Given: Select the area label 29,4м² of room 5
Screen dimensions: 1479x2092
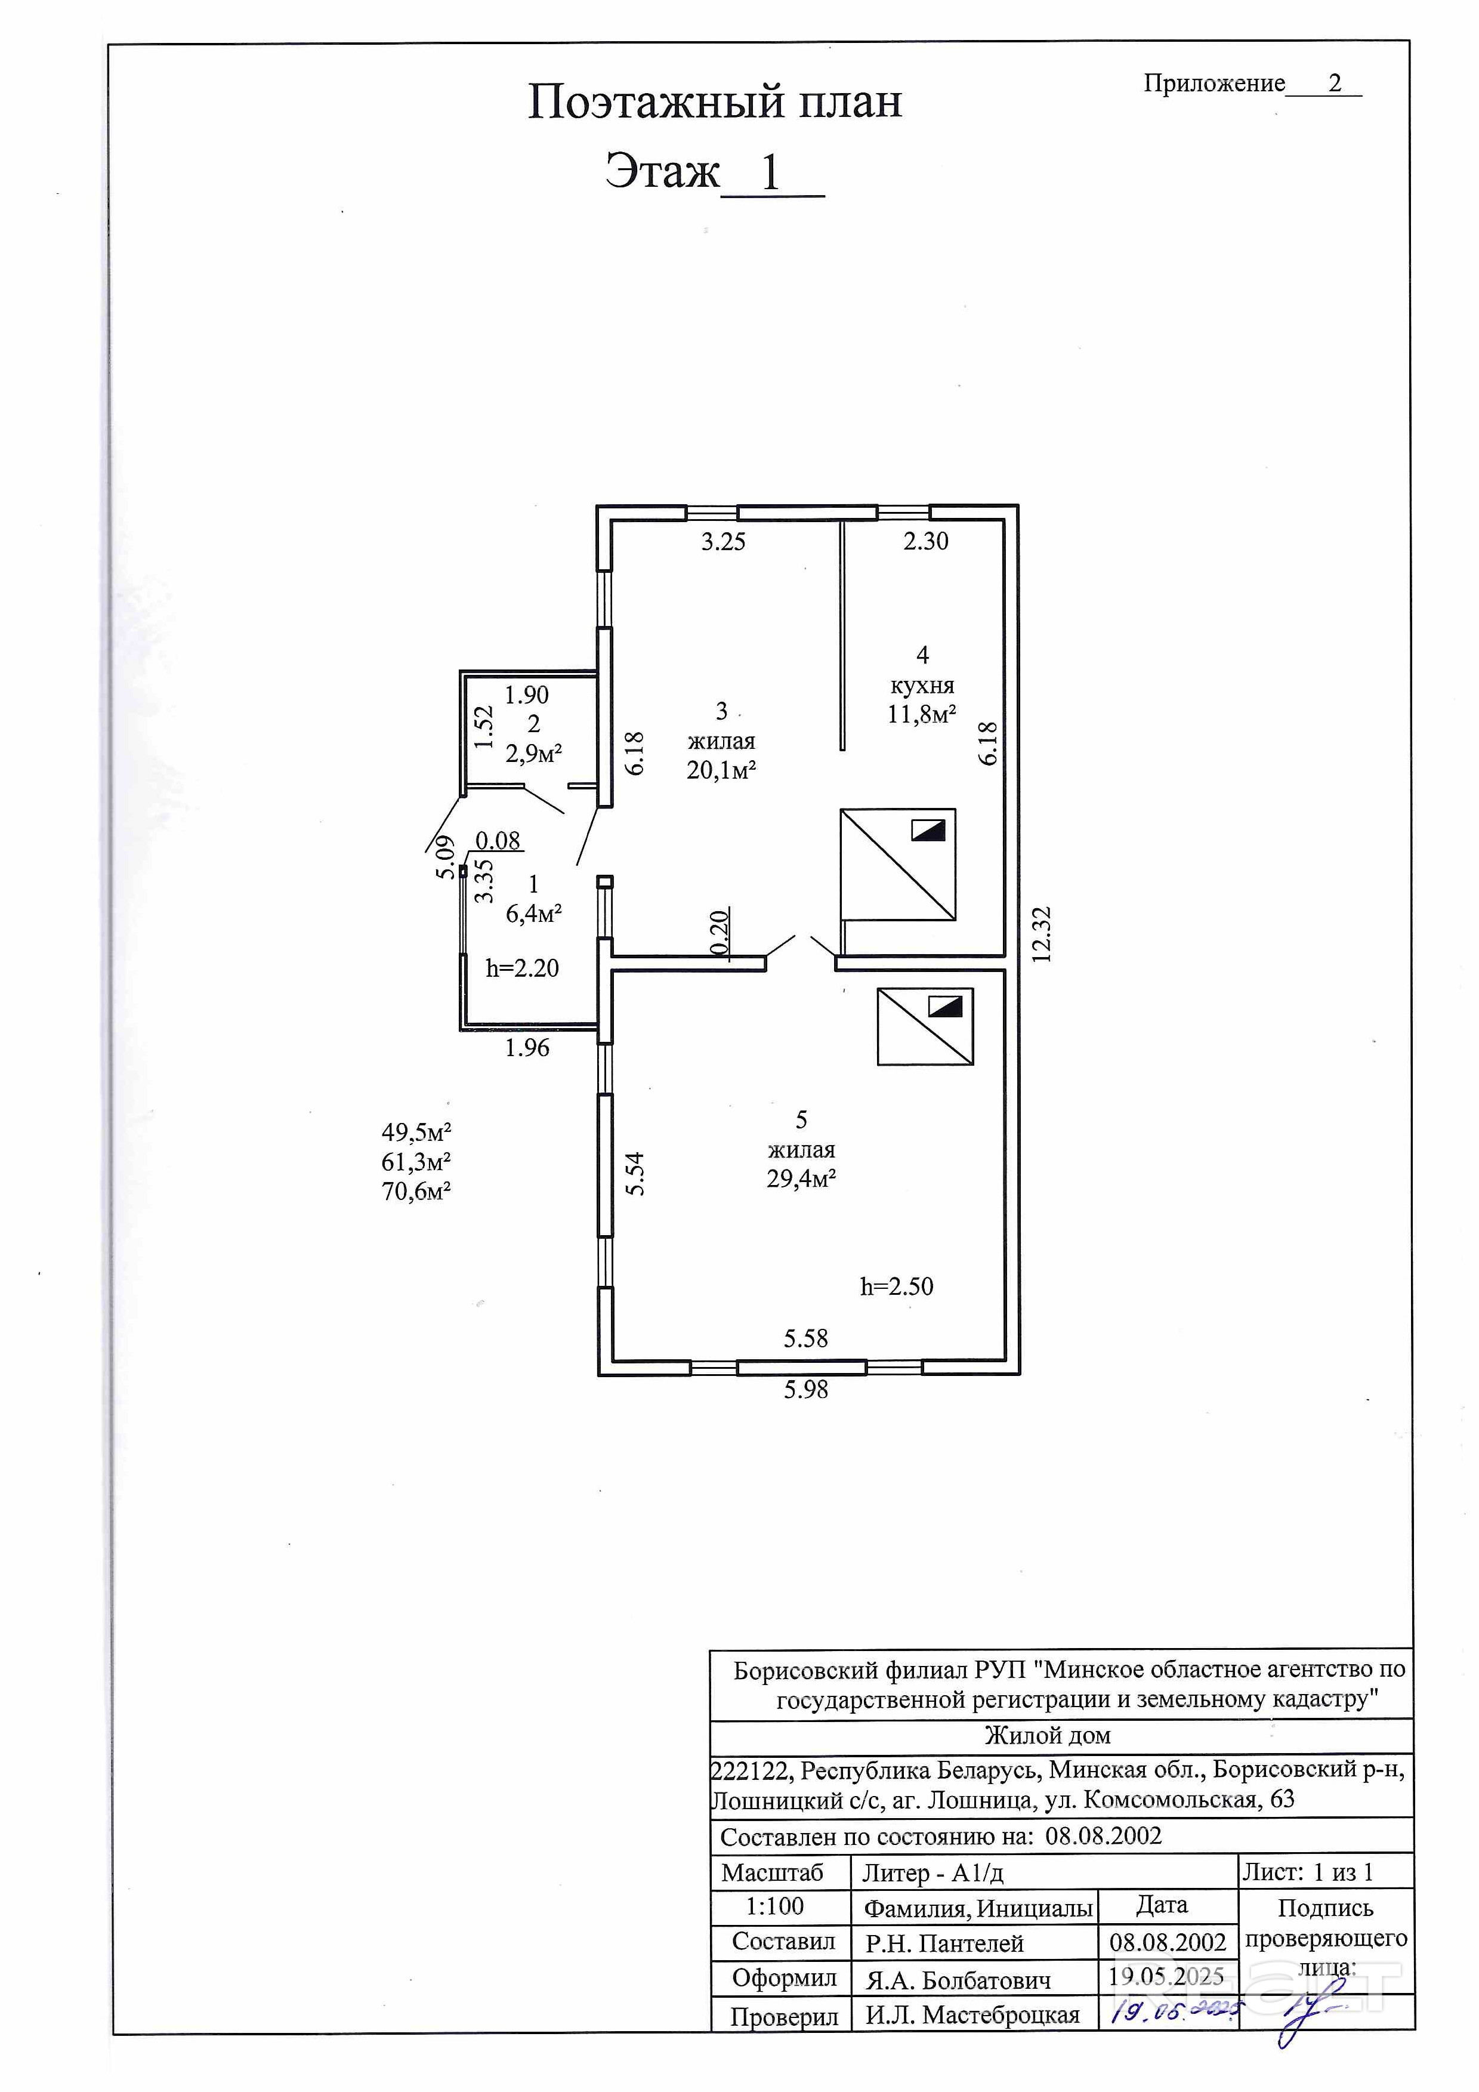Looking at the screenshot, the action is [x=801, y=1178].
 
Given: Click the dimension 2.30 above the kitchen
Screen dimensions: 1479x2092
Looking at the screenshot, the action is [x=926, y=541].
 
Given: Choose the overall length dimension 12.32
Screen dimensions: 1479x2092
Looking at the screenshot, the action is [x=1042, y=934].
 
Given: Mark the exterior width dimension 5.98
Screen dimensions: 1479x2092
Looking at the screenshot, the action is [x=807, y=1390].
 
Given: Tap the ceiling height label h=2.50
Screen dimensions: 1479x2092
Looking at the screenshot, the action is [x=897, y=1286].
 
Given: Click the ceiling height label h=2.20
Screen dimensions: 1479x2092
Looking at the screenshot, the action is [x=522, y=968].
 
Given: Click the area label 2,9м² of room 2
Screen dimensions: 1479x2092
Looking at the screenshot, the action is [x=533, y=754].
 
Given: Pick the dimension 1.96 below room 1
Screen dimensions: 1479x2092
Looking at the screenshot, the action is [x=527, y=1048].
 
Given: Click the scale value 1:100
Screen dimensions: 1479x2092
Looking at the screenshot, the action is [x=774, y=1906].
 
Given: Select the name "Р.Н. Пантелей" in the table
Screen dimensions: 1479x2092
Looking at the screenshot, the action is [x=944, y=1943].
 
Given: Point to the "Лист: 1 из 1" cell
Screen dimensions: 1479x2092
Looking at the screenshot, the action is [x=1307, y=1872].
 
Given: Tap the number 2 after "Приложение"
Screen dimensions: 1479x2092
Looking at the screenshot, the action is [x=1335, y=83].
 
